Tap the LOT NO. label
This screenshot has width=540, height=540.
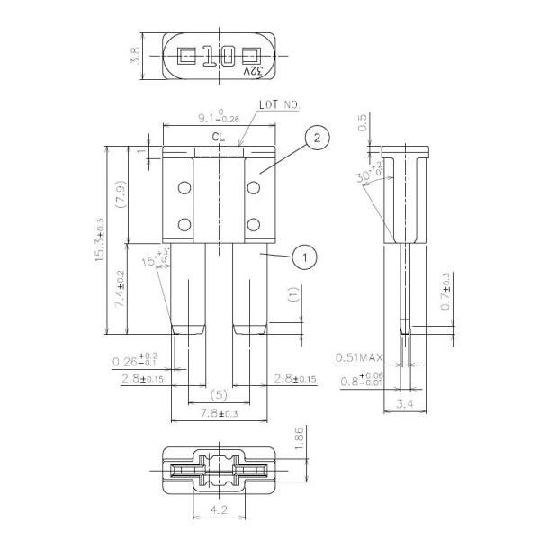click(x=280, y=105)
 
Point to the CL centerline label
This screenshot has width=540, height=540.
click(x=218, y=138)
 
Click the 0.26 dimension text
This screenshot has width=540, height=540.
click(x=136, y=360)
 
